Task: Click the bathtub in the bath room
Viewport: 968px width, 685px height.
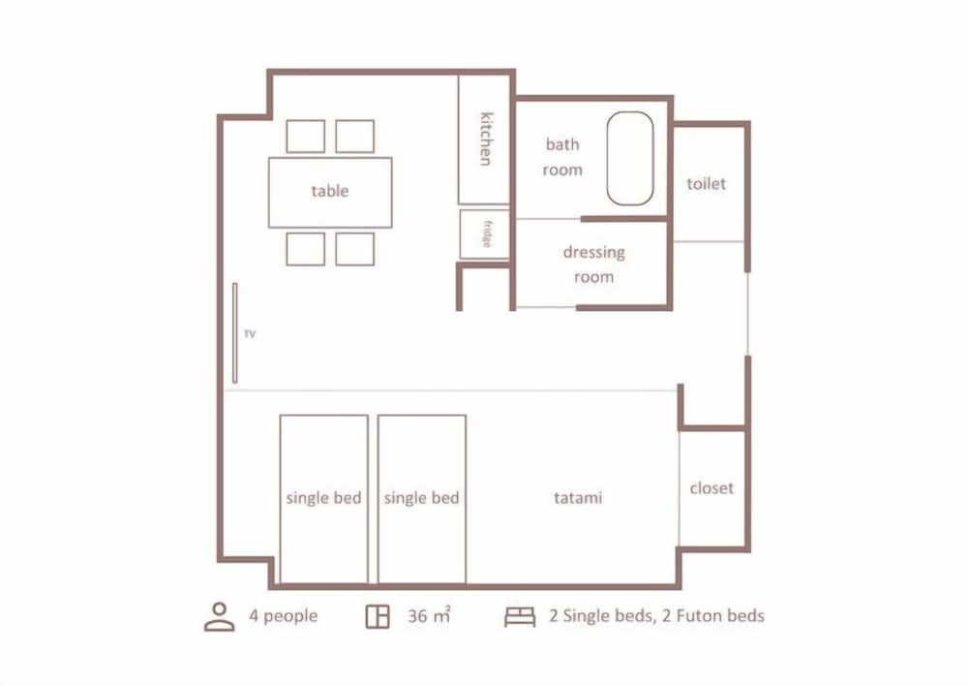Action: click(x=630, y=158)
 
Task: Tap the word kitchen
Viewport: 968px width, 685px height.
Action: click(x=487, y=139)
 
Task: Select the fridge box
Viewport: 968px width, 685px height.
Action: click(x=485, y=234)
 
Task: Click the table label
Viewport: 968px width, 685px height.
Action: click(x=330, y=191)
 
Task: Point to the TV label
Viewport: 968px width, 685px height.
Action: click(x=250, y=334)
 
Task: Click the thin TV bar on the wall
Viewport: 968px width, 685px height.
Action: click(x=234, y=333)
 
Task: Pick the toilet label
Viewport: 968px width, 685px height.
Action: click(x=707, y=183)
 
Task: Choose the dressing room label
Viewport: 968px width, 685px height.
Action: click(x=594, y=265)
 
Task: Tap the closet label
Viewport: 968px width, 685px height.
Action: click(x=711, y=488)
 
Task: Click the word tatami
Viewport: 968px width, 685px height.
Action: click(x=578, y=498)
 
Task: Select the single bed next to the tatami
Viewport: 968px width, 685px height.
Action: click(x=422, y=499)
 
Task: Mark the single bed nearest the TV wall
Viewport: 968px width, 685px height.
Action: click(x=323, y=499)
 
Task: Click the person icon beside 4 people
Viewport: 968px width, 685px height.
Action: click(x=219, y=616)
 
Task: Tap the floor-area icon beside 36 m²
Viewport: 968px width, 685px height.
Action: click(x=378, y=616)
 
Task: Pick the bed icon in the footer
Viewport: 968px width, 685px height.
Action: click(x=520, y=616)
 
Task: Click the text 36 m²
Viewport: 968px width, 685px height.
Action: click(x=429, y=616)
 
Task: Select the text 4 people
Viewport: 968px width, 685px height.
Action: click(x=284, y=616)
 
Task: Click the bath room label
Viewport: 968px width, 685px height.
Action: click(x=562, y=157)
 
